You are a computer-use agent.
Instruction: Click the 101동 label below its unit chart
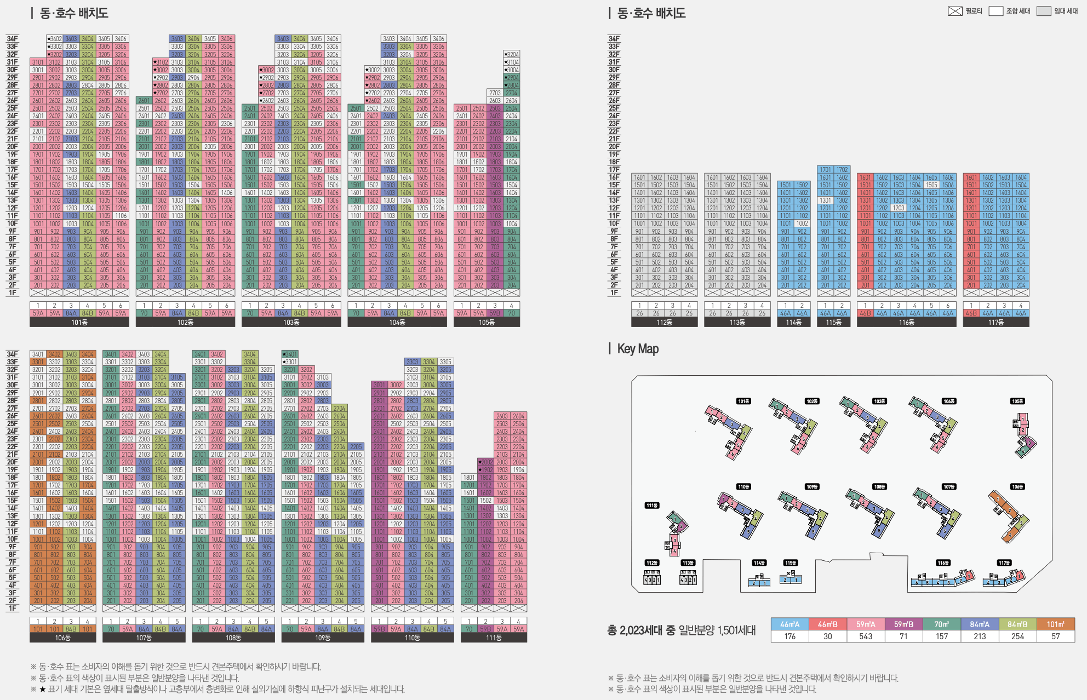point(79,323)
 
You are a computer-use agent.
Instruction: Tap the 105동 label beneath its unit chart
point(487,323)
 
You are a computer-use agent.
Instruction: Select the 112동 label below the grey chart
point(664,323)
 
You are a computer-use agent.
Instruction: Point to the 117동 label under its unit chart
point(996,323)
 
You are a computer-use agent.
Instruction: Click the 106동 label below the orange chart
point(63,638)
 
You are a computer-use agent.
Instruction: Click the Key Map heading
point(638,349)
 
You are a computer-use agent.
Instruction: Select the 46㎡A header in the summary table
point(789,624)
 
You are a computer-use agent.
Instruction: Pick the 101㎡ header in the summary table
point(1056,624)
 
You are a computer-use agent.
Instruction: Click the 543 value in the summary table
point(866,636)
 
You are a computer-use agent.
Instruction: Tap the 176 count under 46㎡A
point(789,636)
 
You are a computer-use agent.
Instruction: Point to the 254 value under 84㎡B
point(1017,636)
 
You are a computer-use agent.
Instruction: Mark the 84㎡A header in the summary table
point(980,624)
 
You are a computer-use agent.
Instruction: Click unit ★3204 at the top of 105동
point(512,55)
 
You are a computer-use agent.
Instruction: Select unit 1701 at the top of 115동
point(825,170)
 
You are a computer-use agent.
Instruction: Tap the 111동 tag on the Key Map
point(652,506)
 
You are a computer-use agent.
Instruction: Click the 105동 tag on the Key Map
point(1017,401)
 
